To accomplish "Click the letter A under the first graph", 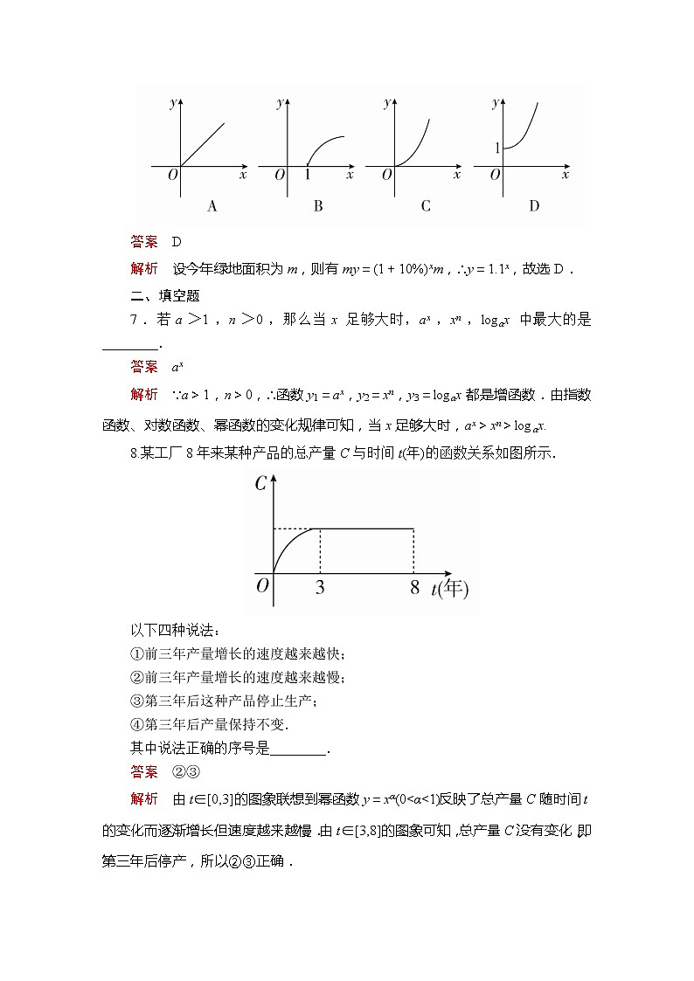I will tap(212, 206).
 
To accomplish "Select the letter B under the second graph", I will tap(318, 206).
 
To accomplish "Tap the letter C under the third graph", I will tap(426, 206).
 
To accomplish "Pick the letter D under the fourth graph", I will tap(534, 206).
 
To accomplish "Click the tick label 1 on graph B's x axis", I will tap(308, 176).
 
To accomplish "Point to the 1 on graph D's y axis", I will tap(497, 149).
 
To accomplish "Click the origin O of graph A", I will tap(172, 176).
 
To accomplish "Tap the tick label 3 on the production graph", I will tap(320, 588).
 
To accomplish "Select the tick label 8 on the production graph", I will tap(414, 588).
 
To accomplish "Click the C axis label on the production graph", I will tap(260, 483).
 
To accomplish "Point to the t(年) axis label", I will tap(449, 589).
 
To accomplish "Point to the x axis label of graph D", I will tap(566, 175).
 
